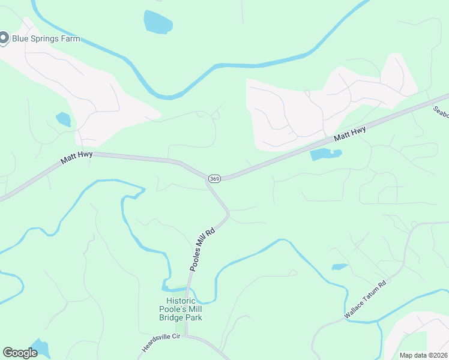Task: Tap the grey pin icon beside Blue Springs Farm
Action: (3, 38)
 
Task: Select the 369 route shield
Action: (214, 179)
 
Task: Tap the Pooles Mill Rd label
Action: (202, 249)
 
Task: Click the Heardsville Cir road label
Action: (161, 342)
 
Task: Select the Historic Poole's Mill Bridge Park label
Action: (184, 308)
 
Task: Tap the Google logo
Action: (20, 353)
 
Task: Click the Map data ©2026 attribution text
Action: (423, 355)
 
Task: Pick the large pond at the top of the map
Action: (158, 22)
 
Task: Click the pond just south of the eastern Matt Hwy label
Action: (325, 155)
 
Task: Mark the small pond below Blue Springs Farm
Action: (64, 119)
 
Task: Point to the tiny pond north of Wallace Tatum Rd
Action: (339, 266)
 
